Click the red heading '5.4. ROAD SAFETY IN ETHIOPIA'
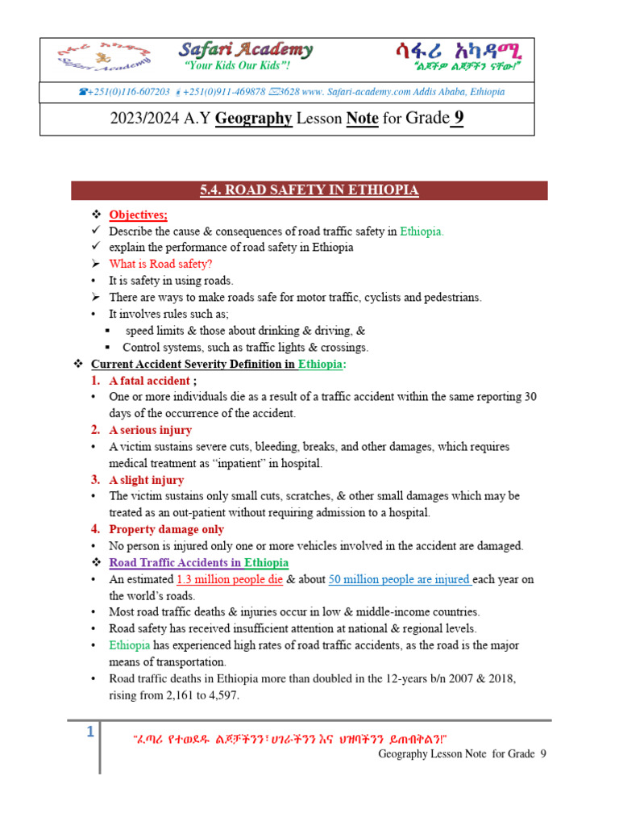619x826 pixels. (309, 190)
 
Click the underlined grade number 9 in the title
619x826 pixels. (458, 118)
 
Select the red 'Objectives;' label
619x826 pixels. (139, 215)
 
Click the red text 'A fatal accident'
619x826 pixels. (150, 381)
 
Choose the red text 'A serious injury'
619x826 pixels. (151, 430)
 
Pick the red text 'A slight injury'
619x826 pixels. (147, 480)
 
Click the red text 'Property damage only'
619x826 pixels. (167, 529)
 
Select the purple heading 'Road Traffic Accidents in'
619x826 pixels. (175, 562)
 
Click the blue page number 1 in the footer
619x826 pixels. (90, 732)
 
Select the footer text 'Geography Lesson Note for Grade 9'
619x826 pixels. (462, 753)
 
